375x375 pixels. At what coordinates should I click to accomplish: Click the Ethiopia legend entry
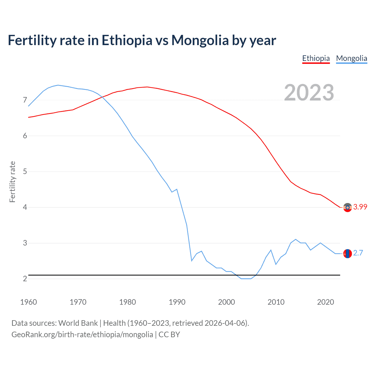point(316,58)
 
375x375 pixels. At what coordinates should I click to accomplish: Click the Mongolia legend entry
point(352,58)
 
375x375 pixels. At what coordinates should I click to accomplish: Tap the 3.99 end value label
point(360,207)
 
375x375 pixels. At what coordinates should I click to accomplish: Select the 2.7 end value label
point(358,253)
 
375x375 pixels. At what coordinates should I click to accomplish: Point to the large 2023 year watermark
point(309,93)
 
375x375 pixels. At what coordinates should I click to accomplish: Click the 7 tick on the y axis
point(25,100)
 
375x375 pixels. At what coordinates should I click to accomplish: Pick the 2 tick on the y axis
point(25,279)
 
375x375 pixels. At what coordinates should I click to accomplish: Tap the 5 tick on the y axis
point(25,171)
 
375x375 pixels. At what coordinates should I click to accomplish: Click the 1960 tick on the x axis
point(28,302)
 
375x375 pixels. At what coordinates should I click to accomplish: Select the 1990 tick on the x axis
point(177,302)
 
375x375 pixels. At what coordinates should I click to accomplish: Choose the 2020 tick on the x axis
point(325,302)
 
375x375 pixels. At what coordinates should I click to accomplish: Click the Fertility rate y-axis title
point(12,182)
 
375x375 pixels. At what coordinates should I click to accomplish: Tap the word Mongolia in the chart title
point(200,40)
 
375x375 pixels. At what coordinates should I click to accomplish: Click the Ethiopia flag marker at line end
point(347,207)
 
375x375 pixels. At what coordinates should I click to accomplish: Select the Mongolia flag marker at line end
point(347,253)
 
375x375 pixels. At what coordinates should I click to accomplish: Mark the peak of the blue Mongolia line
point(58,85)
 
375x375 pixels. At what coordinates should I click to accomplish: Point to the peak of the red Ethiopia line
point(147,87)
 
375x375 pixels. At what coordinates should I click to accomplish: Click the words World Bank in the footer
point(78,323)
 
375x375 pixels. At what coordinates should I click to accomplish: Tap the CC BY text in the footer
point(169,335)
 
